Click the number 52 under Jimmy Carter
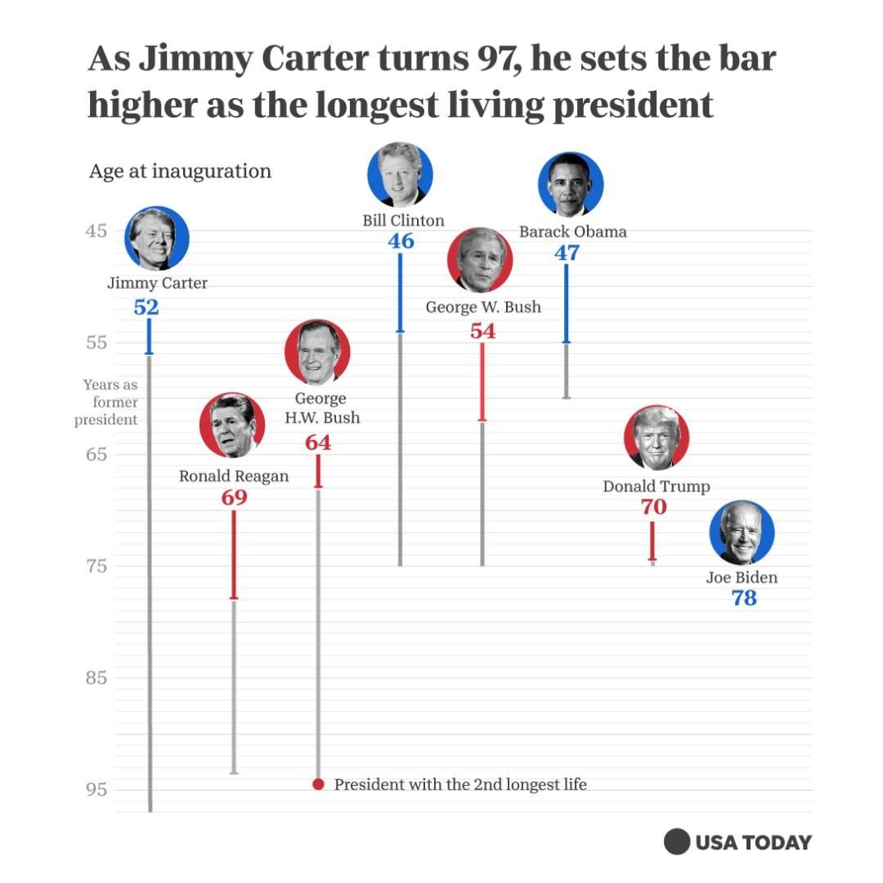tap(146, 307)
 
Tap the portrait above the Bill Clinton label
tap(400, 174)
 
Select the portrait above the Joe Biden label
tap(742, 533)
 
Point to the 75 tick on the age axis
tap(96, 566)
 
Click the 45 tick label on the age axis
tap(96, 231)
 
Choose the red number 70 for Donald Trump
tap(653, 508)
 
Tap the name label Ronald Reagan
tap(234, 476)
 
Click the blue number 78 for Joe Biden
tap(744, 598)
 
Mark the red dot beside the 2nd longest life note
tap(319, 784)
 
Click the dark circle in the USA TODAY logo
tap(677, 841)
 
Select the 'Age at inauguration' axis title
tap(180, 172)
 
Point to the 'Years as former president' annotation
tap(108, 402)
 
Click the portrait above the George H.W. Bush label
tap(317, 352)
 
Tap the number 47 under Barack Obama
tap(567, 253)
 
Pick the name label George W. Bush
tap(483, 307)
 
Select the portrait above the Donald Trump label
tap(657, 437)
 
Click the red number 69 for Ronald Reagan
tap(234, 497)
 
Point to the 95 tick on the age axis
tap(96, 790)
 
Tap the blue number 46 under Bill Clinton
tap(401, 241)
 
